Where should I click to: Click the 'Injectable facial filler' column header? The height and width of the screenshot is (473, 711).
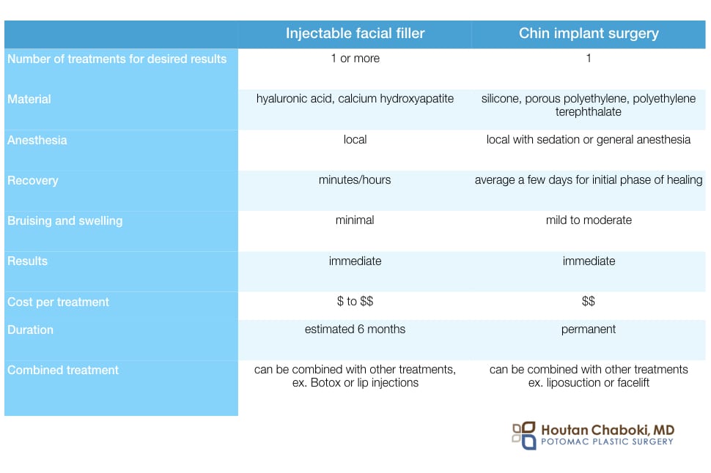coord(355,33)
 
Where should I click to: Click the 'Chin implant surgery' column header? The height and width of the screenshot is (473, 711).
coord(589,34)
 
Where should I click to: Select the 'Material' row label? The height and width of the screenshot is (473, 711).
coord(29,100)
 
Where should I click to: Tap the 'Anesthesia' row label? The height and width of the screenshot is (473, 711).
coord(37,140)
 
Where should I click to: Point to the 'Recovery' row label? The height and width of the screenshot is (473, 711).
coord(33,181)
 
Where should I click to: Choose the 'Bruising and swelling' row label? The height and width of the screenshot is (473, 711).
coord(65,221)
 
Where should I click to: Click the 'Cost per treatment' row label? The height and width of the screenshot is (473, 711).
coord(58,302)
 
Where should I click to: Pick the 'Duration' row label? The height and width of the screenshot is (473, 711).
coord(30,329)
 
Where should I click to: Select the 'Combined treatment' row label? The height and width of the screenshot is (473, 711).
coord(63,370)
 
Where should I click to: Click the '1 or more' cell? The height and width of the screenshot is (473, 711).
coord(355,59)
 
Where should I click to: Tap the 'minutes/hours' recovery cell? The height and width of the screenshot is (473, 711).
coord(355,180)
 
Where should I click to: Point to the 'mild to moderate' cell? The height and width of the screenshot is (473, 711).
coord(589,220)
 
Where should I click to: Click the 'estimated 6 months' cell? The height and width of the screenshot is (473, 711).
coord(355,329)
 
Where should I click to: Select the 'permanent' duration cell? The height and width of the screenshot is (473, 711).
coord(589,329)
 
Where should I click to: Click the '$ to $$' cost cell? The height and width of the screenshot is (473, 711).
coord(355,301)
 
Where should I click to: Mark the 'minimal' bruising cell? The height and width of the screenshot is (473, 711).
coord(355,220)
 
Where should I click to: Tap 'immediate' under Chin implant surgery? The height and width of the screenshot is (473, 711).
coord(589,261)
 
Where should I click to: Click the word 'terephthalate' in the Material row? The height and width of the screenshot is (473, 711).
coord(589,112)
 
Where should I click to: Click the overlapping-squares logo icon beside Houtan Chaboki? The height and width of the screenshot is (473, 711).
coord(524,436)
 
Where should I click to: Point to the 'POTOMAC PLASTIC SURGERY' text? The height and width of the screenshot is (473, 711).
coord(607,442)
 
